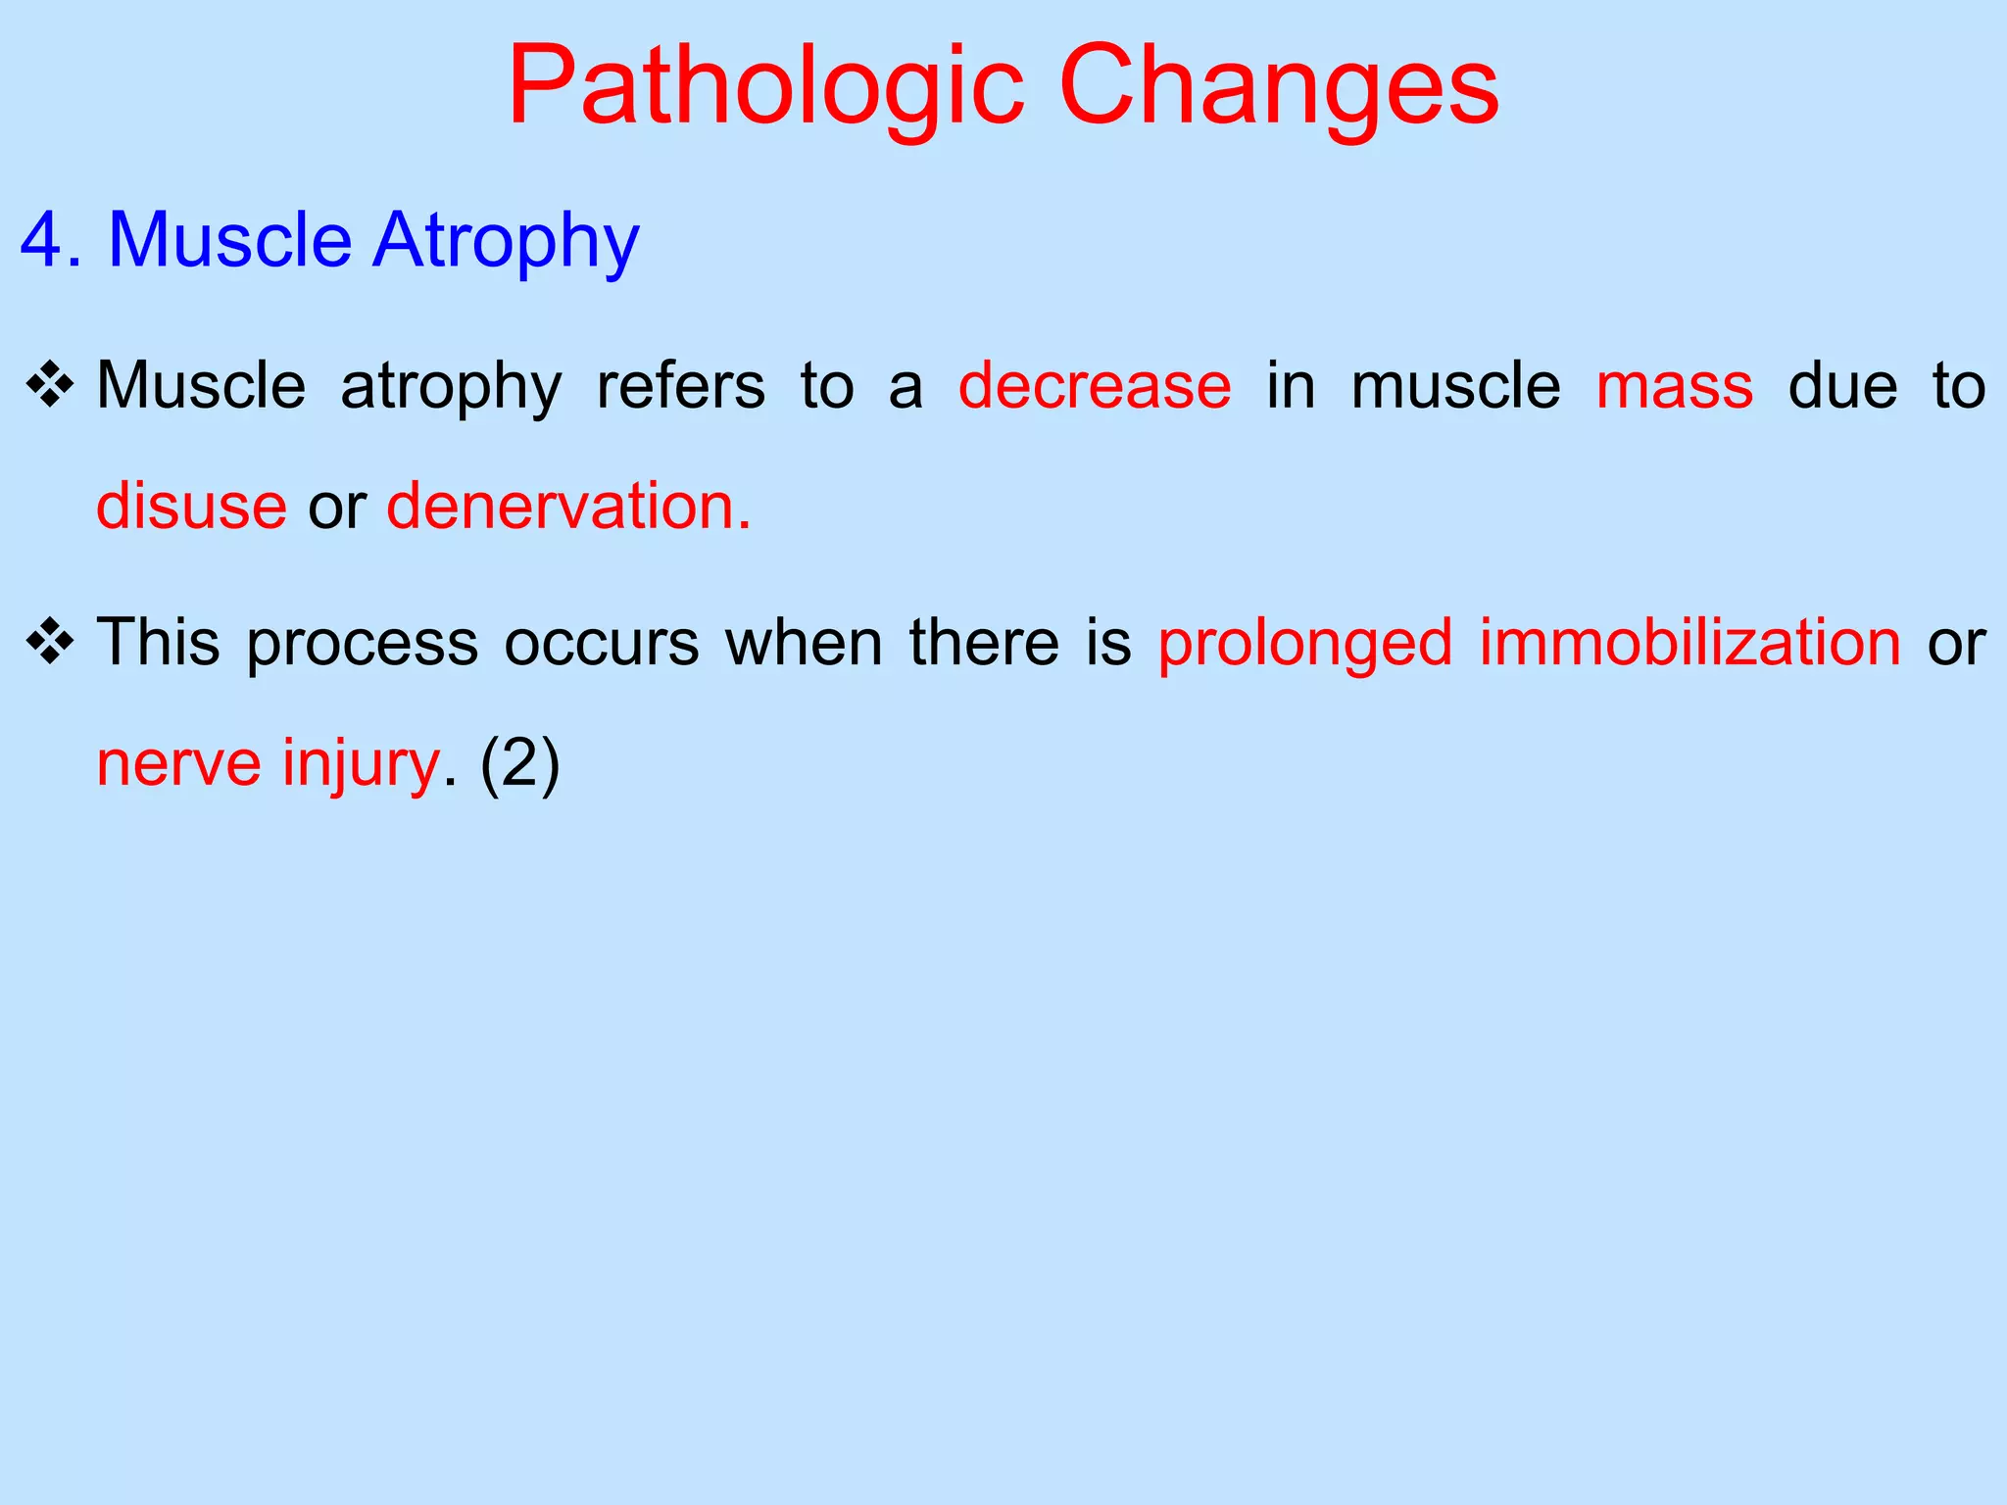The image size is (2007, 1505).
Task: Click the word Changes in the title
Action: [1279, 88]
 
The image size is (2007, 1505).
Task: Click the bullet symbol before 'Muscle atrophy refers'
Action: [51, 385]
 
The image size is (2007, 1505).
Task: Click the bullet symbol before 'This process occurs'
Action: [51, 643]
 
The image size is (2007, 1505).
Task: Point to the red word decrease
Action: [1095, 386]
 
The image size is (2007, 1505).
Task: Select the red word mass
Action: [1674, 386]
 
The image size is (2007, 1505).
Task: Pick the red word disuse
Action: [192, 507]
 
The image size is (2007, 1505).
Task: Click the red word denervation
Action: [568, 507]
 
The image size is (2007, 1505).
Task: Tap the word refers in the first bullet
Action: [681, 386]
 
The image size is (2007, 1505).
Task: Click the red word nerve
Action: [178, 764]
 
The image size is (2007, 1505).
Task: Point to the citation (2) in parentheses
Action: [519, 764]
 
